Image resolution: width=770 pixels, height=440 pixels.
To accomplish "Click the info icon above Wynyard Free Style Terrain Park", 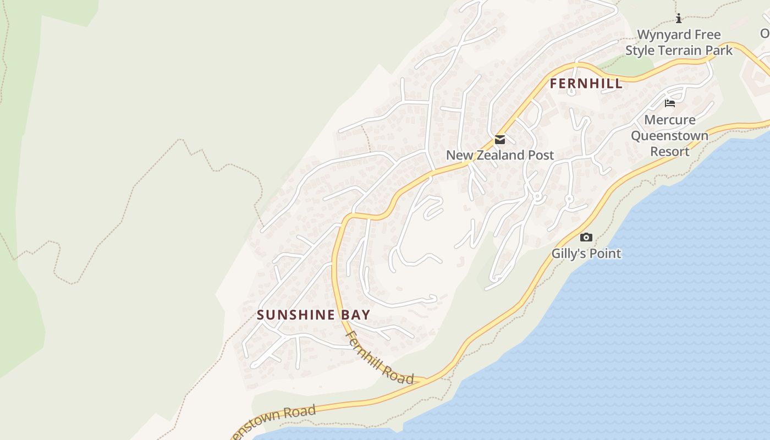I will pyautogui.click(x=679, y=18).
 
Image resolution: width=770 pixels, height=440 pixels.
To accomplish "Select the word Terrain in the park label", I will pyautogui.click(x=680, y=51).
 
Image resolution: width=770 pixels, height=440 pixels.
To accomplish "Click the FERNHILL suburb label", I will pyautogui.click(x=586, y=84).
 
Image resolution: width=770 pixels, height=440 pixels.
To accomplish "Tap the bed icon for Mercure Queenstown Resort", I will pyautogui.click(x=670, y=103).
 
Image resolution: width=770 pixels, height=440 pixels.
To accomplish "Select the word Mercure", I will pyautogui.click(x=669, y=120).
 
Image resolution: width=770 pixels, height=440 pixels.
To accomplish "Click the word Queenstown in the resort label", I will pyautogui.click(x=669, y=135).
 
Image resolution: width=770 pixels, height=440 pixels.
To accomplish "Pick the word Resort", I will pyautogui.click(x=669, y=151).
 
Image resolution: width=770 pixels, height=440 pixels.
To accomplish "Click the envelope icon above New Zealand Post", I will pyautogui.click(x=499, y=140).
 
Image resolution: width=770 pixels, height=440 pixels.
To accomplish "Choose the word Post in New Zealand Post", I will pyautogui.click(x=541, y=156).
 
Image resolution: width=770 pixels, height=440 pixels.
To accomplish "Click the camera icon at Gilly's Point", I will pyautogui.click(x=586, y=238).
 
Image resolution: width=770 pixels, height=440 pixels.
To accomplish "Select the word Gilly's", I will pyautogui.click(x=570, y=254).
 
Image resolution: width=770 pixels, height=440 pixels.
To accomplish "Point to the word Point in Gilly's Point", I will pyautogui.click(x=606, y=254).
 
